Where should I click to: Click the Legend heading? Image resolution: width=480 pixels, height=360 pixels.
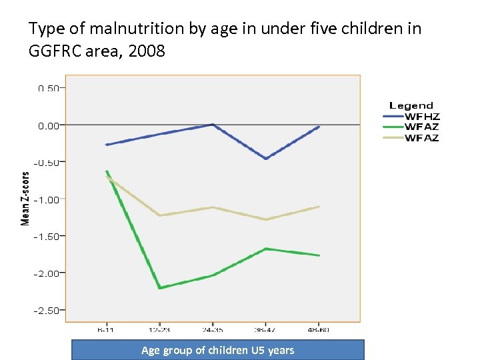pyautogui.click(x=411, y=105)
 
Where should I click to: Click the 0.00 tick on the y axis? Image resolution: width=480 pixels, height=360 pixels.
pyautogui.click(x=48, y=125)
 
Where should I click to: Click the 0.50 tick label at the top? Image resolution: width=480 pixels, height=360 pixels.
pyautogui.click(x=48, y=88)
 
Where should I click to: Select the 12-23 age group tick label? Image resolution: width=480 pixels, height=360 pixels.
pyautogui.click(x=159, y=329)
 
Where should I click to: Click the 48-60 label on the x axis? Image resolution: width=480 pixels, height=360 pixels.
pyautogui.click(x=319, y=329)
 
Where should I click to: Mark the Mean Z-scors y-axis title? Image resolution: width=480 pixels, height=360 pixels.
pyautogui.click(x=25, y=199)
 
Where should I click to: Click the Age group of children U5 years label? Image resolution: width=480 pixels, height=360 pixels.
pyautogui.click(x=217, y=350)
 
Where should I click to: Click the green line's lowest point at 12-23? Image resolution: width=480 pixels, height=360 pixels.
pyautogui.click(x=159, y=288)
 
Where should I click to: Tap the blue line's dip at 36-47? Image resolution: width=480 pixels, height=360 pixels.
pyautogui.click(x=266, y=159)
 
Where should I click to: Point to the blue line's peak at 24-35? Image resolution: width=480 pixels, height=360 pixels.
pyautogui.click(x=213, y=125)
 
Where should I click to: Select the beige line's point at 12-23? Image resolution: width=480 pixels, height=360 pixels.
pyautogui.click(x=159, y=215)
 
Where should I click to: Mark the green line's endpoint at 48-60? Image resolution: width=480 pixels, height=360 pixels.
pyautogui.click(x=319, y=255)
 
